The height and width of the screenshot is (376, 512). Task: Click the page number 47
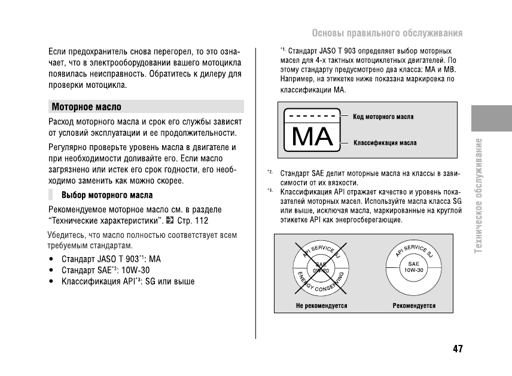458,349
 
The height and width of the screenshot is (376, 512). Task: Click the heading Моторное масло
86,107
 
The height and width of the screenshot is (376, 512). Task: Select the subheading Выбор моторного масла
107,195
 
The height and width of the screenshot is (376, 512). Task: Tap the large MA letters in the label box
312,137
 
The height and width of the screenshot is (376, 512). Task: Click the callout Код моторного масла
383,117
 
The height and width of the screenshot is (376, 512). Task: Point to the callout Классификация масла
385,143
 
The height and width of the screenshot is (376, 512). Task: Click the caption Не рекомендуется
321,305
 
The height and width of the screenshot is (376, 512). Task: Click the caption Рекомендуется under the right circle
414,305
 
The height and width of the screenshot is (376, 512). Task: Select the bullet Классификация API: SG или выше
127,281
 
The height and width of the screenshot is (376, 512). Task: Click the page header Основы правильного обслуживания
387,32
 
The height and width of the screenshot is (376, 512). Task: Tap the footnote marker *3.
270,191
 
